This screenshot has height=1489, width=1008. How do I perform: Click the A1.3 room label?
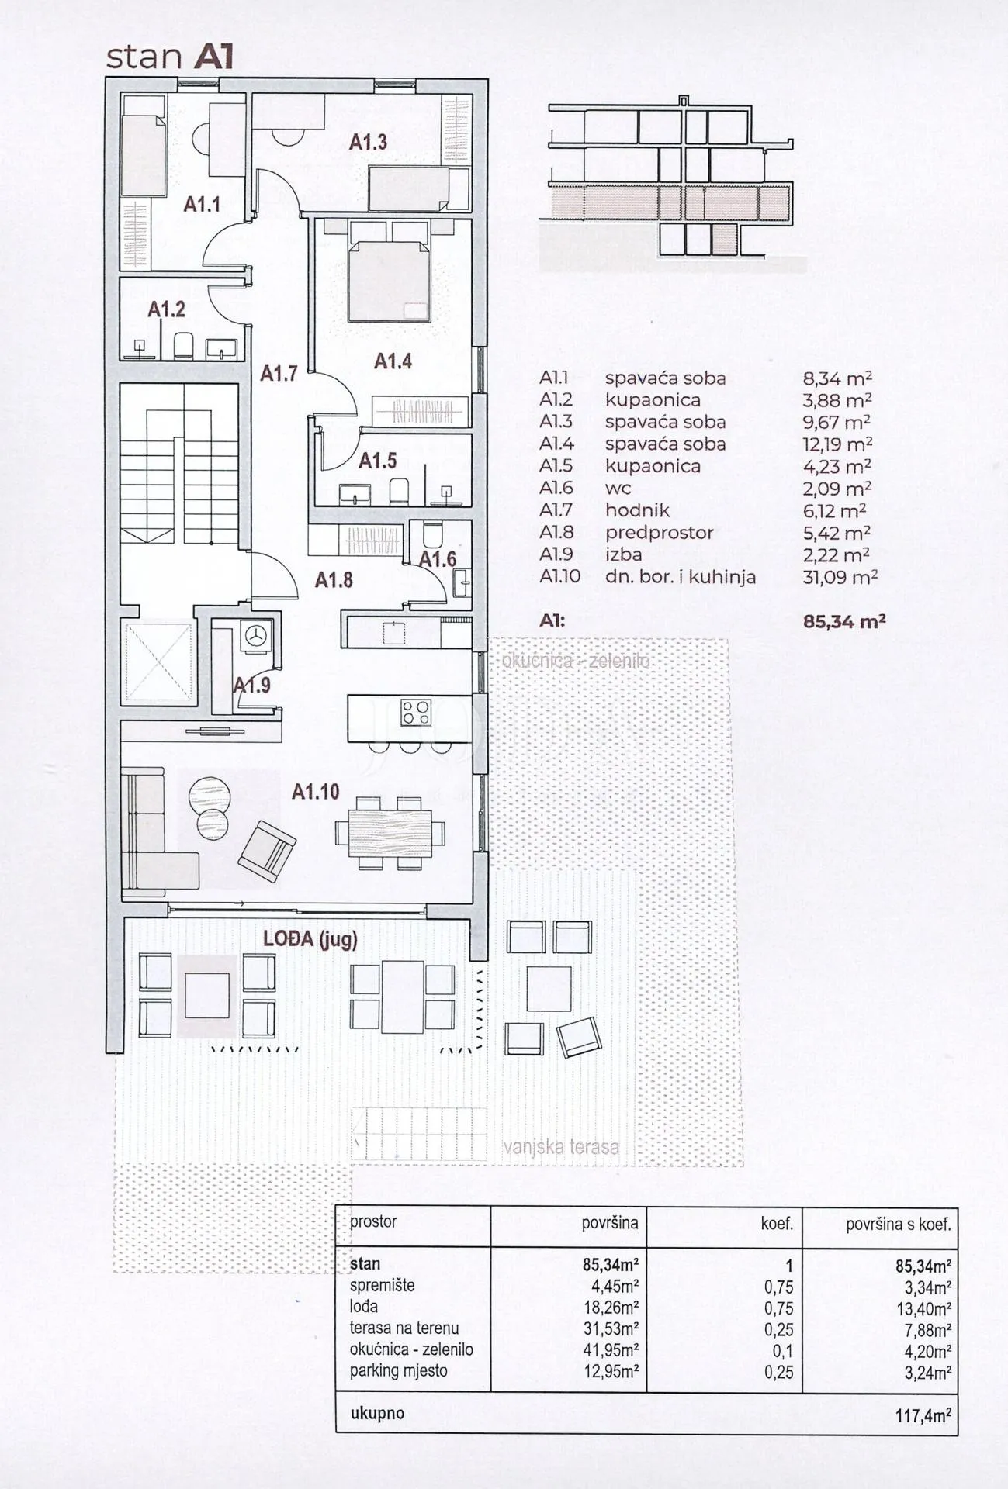[x=368, y=142]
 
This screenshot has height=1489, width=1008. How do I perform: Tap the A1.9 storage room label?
[x=252, y=685]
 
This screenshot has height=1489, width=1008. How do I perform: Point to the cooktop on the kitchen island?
[x=416, y=712]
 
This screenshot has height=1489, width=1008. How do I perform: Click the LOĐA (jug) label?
[x=310, y=939]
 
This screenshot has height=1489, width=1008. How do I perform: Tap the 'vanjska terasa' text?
[x=561, y=1147]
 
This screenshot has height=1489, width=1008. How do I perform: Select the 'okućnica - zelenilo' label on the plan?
[x=576, y=662]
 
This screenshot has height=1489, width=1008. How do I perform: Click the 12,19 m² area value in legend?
[x=837, y=444]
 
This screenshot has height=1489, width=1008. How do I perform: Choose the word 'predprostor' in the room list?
[x=659, y=533]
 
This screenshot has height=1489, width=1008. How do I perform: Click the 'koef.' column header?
[x=777, y=1224]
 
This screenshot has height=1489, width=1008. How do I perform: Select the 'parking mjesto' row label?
[x=399, y=1370]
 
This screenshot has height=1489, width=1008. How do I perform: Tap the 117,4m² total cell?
[x=923, y=1415]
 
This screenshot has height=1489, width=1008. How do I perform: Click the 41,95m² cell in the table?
[x=611, y=1349]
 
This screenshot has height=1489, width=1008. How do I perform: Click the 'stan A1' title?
[x=169, y=57]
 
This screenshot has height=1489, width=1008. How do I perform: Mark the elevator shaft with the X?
[x=157, y=661]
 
